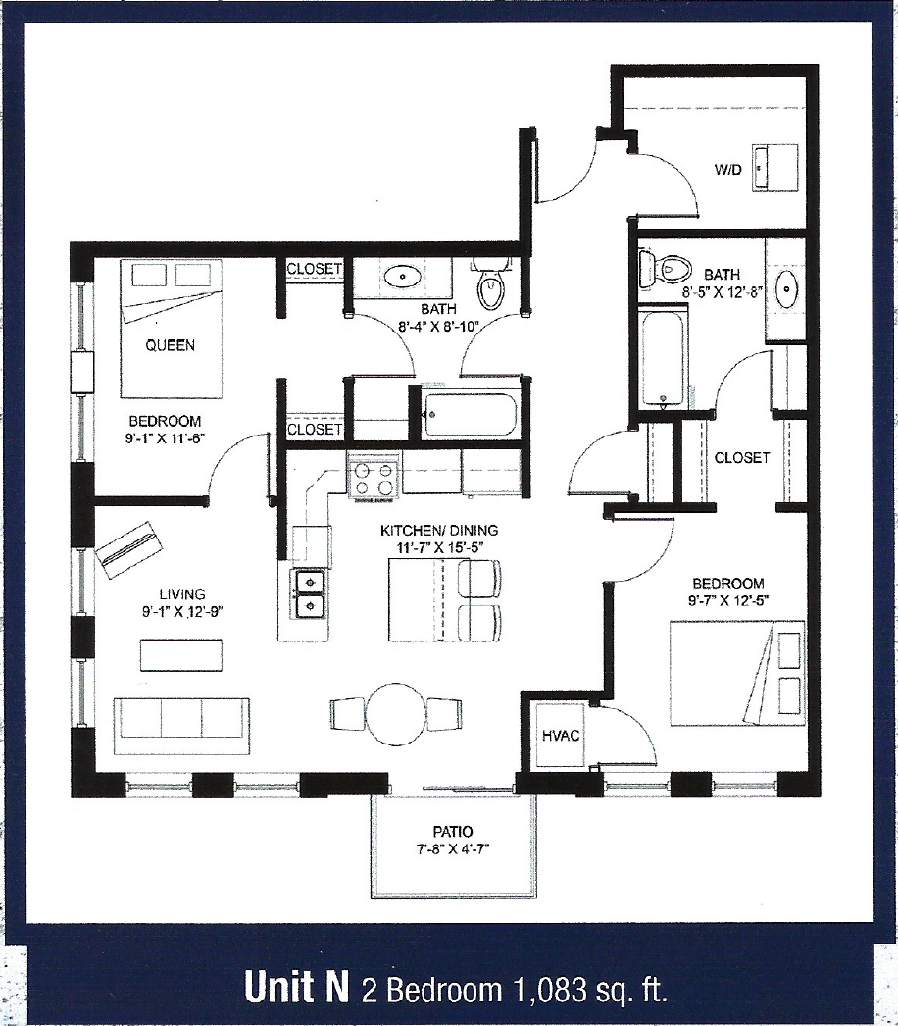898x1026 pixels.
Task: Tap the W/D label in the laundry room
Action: pyautogui.click(x=726, y=170)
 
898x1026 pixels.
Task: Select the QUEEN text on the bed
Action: pyautogui.click(x=170, y=344)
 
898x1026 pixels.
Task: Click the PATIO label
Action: pyautogui.click(x=453, y=831)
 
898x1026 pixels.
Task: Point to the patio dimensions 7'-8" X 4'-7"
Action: pyautogui.click(x=453, y=849)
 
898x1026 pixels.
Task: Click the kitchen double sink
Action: pyautogui.click(x=309, y=592)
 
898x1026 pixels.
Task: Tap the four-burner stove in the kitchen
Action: pyautogui.click(x=374, y=477)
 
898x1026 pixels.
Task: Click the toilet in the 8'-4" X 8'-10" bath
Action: pyautogui.click(x=490, y=286)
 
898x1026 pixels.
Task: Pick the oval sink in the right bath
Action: pyautogui.click(x=784, y=289)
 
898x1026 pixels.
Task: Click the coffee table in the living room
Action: pyautogui.click(x=181, y=654)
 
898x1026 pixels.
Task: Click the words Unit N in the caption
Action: pyautogui.click(x=297, y=989)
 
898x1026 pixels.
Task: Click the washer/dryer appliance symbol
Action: pyautogui.click(x=768, y=164)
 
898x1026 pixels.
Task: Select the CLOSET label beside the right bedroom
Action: pyautogui.click(x=741, y=457)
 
